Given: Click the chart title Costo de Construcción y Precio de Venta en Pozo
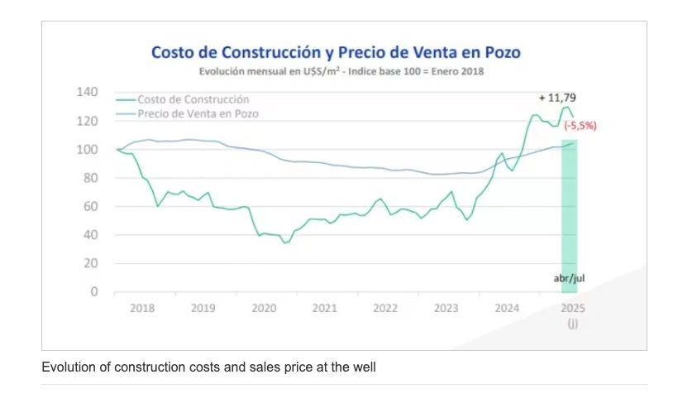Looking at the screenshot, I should click(336, 52).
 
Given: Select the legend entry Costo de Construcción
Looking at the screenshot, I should click(193, 99).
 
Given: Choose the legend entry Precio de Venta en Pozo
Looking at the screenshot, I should click(198, 113).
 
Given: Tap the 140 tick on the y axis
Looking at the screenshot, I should click(88, 92).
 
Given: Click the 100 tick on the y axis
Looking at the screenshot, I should click(88, 149).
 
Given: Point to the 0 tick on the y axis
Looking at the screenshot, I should click(93, 292).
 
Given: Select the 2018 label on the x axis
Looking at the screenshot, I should click(142, 308).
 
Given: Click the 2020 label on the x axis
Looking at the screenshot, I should click(264, 308).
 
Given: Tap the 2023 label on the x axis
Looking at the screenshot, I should click(446, 308).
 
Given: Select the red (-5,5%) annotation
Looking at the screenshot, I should click(580, 126).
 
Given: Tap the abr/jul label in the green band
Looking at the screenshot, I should click(569, 279).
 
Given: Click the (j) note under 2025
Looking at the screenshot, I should click(572, 324).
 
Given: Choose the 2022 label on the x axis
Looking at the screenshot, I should click(385, 308).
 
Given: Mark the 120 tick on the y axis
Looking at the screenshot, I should click(88, 121).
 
